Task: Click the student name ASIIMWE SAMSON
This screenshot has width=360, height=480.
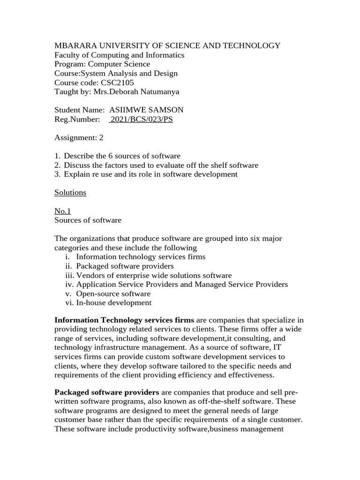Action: click(146, 110)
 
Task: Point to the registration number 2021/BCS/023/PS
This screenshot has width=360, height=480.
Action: click(141, 119)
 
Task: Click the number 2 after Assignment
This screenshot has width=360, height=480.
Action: click(101, 137)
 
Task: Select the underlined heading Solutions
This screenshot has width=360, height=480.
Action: click(70, 192)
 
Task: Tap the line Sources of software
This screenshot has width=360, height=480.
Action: click(88, 220)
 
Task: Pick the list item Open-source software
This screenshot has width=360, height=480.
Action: click(113, 293)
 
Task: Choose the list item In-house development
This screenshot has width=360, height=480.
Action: click(113, 303)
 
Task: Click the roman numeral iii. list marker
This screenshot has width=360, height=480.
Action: click(69, 275)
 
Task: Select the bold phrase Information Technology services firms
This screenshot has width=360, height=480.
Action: click(124, 320)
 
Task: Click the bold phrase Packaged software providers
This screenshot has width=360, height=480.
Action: click(107, 392)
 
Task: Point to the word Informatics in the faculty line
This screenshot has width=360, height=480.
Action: click(164, 55)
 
